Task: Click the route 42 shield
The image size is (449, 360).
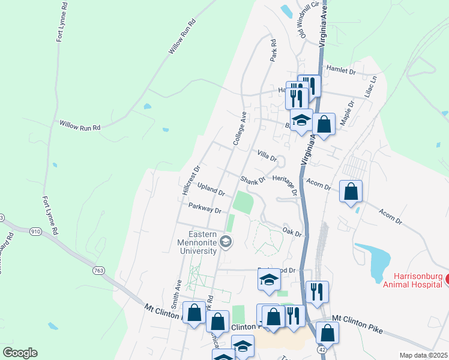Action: [x=322, y=349]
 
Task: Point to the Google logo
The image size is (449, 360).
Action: [x=20, y=353]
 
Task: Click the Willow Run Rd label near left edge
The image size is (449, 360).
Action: [x=79, y=125]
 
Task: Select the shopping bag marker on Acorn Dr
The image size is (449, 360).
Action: [x=351, y=192]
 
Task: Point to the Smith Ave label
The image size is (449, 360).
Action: [x=178, y=291]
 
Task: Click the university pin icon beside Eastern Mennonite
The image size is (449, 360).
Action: [x=226, y=242]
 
